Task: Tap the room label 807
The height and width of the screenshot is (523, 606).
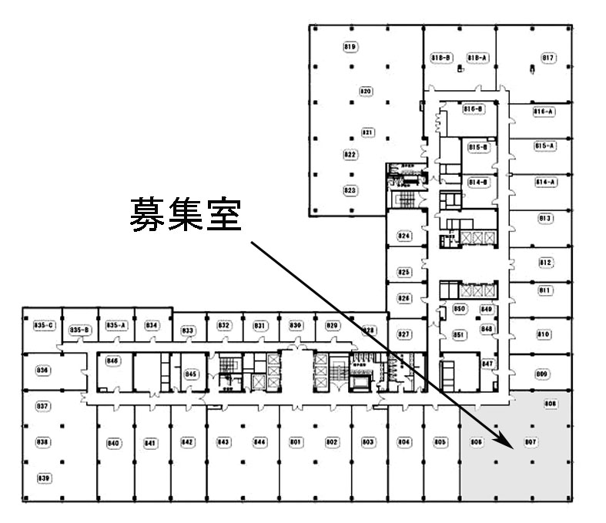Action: point(530,442)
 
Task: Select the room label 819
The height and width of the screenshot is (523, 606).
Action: point(350,48)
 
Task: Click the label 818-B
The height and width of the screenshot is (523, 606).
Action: point(441,58)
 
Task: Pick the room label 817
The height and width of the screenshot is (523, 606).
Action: point(548,58)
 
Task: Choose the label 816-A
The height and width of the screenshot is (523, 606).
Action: point(544,112)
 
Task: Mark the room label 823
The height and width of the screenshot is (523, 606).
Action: point(350,189)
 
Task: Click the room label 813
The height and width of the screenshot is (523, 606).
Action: point(545,219)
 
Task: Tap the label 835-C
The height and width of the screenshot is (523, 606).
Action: point(42,326)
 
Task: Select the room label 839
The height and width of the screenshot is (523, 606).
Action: point(44,478)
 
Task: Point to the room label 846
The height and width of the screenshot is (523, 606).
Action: point(113,360)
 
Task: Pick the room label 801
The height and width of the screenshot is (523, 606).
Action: point(295,442)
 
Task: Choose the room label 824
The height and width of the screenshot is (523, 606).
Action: point(404,236)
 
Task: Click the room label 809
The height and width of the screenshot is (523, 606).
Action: point(542,374)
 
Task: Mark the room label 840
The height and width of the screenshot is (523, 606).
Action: point(113,443)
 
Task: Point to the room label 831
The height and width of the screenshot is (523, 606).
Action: point(259,326)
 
